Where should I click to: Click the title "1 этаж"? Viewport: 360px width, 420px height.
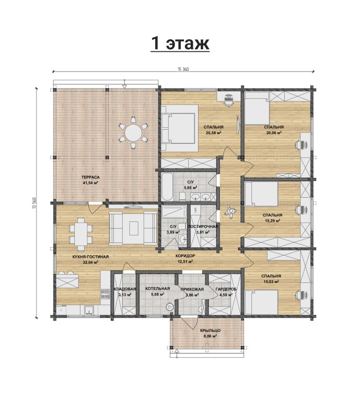click(x=180, y=43)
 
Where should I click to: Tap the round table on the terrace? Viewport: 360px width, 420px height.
click(x=133, y=132)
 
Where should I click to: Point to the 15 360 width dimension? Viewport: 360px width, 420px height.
click(x=183, y=69)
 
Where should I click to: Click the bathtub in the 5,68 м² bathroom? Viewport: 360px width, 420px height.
click(x=167, y=187)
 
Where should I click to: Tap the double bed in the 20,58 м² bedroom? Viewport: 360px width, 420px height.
click(x=179, y=128)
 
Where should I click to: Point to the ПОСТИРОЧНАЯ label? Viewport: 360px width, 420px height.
click(x=203, y=226)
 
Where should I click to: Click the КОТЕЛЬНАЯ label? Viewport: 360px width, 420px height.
click(x=158, y=289)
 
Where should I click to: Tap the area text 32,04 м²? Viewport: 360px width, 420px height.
click(x=90, y=262)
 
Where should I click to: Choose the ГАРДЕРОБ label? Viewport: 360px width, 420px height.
click(x=226, y=289)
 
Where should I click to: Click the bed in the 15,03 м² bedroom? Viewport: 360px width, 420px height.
click(x=261, y=302)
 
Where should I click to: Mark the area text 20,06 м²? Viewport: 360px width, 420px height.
click(x=274, y=132)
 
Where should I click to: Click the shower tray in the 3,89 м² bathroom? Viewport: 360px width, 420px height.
click(x=174, y=212)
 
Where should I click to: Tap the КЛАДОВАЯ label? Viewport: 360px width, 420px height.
click(x=125, y=289)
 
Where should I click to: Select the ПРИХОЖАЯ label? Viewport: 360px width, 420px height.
click(x=192, y=289)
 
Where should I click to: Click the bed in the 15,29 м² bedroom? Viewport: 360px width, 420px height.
click(x=261, y=195)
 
